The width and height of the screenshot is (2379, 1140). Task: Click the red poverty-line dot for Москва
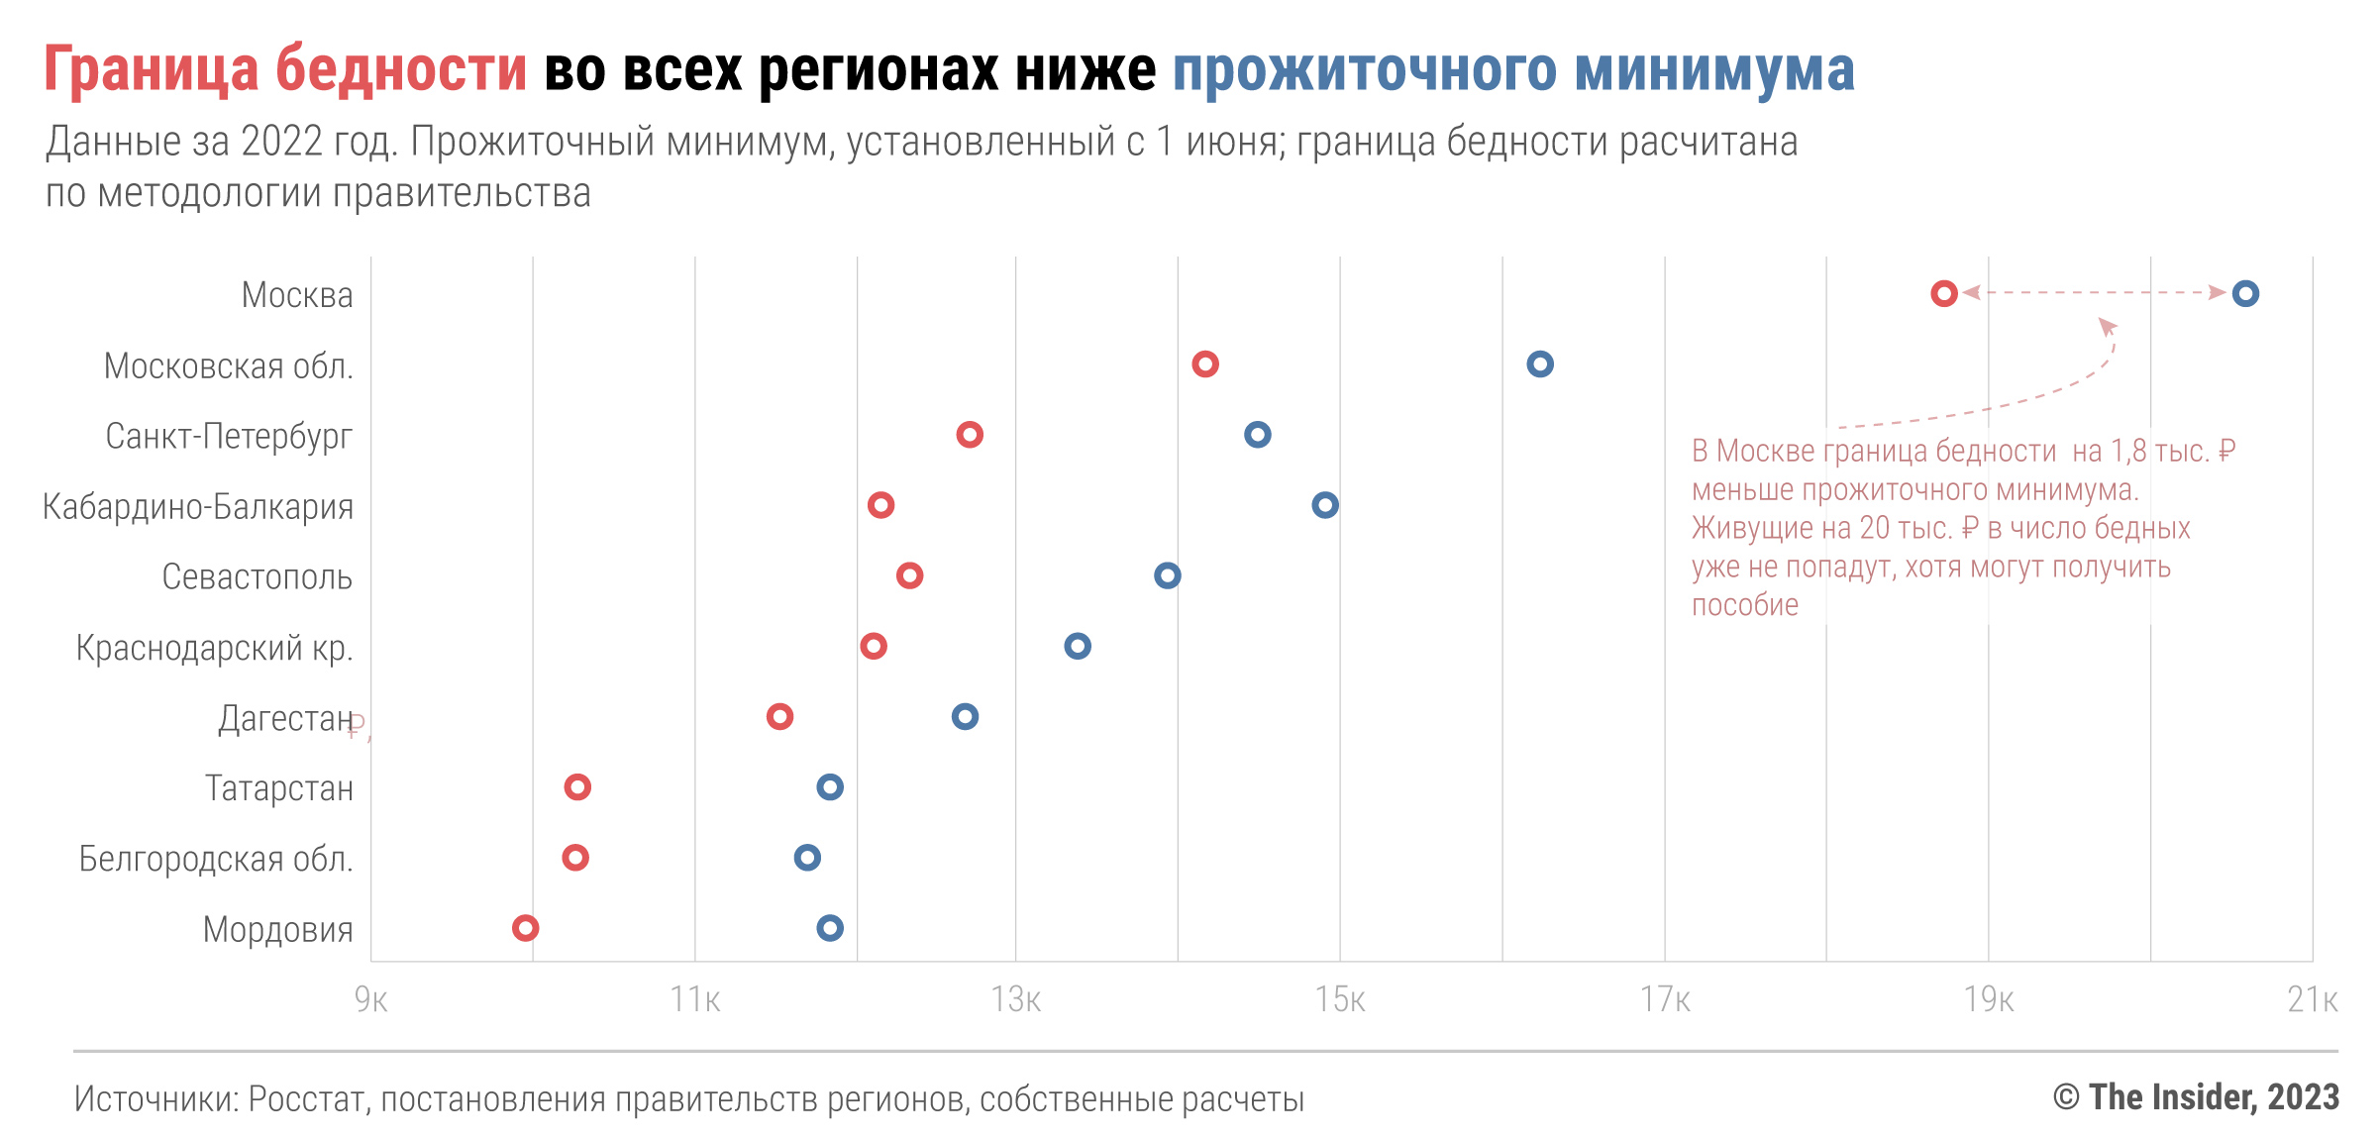[1943, 293]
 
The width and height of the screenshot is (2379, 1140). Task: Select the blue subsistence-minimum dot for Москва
[2244, 293]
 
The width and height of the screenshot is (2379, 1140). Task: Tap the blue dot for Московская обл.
[1539, 363]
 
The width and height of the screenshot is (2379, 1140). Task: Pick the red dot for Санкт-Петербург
[969, 434]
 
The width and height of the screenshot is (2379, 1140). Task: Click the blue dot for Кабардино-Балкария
[1324, 505]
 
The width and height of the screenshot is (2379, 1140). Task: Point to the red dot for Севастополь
[909, 575]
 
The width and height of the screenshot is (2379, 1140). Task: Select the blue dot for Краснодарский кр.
[1077, 646]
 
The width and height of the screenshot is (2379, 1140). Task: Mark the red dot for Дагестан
[779, 716]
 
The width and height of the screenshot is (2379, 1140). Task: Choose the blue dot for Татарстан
[829, 787]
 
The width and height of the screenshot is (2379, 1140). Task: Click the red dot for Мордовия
[525, 928]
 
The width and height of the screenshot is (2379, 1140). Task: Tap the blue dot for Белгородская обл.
[807, 858]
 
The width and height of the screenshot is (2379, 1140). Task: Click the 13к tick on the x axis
[1015, 999]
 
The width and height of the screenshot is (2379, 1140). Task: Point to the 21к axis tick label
[2312, 999]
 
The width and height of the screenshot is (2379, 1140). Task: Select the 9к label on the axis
[370, 999]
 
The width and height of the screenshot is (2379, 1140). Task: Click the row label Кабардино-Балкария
[198, 507]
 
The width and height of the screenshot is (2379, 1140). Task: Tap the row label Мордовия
[277, 930]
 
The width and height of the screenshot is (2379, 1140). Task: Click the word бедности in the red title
[401, 71]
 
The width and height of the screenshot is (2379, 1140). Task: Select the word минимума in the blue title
[1713, 71]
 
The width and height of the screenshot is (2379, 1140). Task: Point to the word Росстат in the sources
[307, 1099]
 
